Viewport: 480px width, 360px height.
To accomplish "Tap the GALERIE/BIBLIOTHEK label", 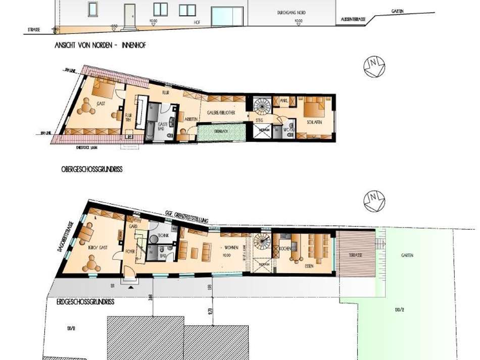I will point(221,114).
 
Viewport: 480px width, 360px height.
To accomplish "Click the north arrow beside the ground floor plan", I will point(374,201).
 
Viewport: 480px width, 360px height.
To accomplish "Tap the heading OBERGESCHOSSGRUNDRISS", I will point(88,170).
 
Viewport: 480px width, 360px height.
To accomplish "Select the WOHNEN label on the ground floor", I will point(226,249).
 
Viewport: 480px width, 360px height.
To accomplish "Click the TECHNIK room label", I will point(162,236).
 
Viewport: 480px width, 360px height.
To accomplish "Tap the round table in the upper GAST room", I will point(87,106).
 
